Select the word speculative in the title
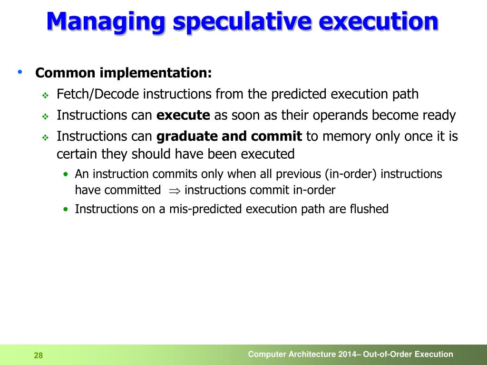click(x=239, y=22)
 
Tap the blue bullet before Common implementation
click(x=20, y=72)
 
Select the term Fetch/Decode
click(x=98, y=94)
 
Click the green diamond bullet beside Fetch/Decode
click(x=46, y=96)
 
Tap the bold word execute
click(x=183, y=115)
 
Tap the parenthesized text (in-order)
click(x=351, y=174)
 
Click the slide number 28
click(x=38, y=355)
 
